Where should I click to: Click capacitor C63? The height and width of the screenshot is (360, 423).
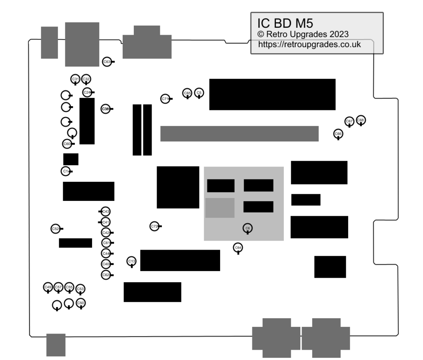click(107, 62)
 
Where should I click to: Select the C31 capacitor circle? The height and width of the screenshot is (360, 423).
click(75, 79)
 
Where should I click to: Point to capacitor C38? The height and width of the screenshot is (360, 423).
click(105, 109)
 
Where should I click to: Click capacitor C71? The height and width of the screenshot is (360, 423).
click(165, 99)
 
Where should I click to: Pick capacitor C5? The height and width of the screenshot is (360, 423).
click(199, 93)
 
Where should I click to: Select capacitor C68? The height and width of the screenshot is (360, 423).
click(361, 120)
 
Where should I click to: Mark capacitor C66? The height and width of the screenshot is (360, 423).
click(338, 134)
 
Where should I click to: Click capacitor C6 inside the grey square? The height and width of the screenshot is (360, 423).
click(247, 228)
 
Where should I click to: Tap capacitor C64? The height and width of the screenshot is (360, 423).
click(238, 248)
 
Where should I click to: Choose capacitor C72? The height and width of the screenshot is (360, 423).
click(154, 226)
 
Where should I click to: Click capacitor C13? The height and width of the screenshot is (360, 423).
click(131, 261)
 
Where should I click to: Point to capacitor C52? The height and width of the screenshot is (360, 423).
click(55, 229)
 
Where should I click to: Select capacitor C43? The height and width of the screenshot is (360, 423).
click(106, 212)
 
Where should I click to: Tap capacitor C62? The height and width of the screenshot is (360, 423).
click(106, 275)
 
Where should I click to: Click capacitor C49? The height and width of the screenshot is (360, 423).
click(48, 287)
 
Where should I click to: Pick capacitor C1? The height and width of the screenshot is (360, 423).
click(65, 171)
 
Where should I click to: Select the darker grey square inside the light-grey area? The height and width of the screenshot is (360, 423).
click(220, 208)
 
